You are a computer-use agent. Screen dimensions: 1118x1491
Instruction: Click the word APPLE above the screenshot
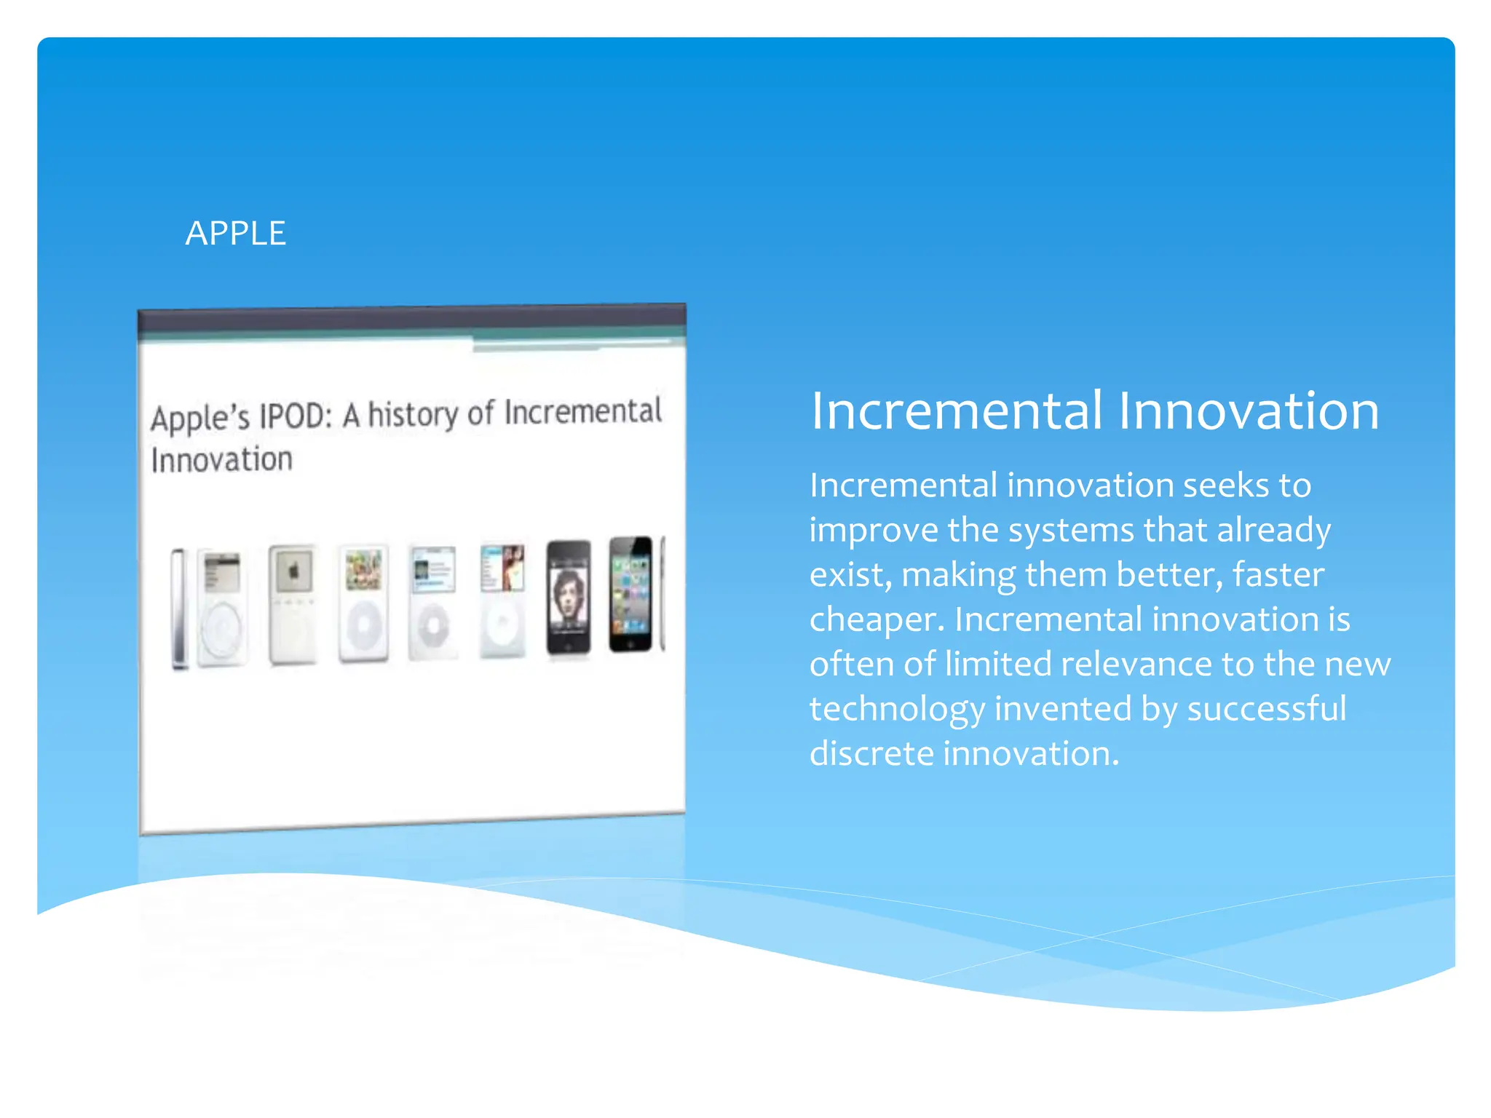coord(235,234)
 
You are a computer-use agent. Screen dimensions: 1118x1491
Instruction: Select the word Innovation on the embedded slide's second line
coord(222,460)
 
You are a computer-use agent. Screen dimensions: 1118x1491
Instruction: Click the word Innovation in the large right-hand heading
coord(1248,411)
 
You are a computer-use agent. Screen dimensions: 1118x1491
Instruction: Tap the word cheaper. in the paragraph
coord(877,620)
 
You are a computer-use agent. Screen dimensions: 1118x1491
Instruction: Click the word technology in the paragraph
coord(897,709)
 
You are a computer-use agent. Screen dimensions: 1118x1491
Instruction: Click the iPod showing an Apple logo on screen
coord(293,603)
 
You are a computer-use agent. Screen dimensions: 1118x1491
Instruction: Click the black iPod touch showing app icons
coord(630,594)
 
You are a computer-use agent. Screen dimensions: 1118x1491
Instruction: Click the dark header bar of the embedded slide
coord(411,320)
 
